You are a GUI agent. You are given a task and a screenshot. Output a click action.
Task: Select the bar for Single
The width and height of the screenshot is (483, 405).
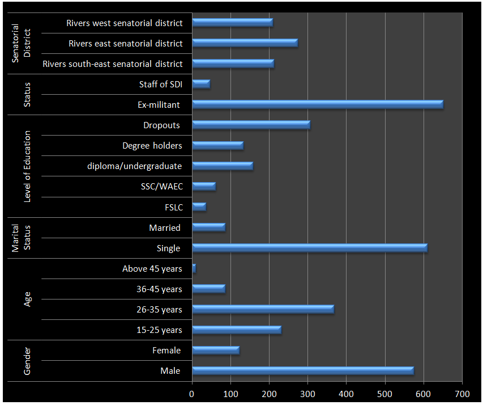click(309, 248)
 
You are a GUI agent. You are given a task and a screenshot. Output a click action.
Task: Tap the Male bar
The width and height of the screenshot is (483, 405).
click(302, 371)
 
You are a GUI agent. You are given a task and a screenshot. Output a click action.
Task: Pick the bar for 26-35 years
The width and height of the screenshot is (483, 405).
click(263, 309)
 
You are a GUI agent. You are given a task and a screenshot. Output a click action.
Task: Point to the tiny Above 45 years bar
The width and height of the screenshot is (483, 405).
click(194, 268)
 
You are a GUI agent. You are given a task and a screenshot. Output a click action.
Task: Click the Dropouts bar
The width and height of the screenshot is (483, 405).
click(251, 125)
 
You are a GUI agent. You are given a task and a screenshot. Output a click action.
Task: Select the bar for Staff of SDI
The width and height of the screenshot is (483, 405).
click(201, 84)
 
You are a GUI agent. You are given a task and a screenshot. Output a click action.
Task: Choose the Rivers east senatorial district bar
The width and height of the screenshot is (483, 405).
click(245, 43)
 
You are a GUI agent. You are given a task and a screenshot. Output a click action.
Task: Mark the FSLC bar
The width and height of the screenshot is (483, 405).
click(199, 207)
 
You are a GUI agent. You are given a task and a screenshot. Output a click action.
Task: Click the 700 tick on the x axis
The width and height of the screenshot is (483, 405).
click(462, 393)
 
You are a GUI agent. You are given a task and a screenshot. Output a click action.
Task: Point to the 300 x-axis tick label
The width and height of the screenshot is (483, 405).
click(307, 393)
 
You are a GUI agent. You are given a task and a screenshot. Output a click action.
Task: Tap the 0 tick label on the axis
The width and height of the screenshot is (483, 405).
click(192, 393)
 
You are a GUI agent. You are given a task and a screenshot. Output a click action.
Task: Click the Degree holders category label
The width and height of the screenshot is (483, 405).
click(152, 146)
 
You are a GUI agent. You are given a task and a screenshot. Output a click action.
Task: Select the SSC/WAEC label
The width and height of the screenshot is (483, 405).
click(162, 187)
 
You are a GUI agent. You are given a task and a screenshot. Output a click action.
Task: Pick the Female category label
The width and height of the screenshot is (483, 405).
click(166, 351)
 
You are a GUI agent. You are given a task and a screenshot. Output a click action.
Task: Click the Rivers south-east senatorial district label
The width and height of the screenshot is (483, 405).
click(113, 64)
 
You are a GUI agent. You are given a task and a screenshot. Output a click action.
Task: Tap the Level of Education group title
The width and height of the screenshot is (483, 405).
click(28, 166)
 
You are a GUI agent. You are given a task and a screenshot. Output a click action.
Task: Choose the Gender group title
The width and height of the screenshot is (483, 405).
click(28, 361)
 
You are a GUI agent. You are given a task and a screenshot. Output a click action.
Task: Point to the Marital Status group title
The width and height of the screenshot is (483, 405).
click(22, 238)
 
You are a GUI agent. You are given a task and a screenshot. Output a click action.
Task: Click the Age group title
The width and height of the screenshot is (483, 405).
click(28, 299)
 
